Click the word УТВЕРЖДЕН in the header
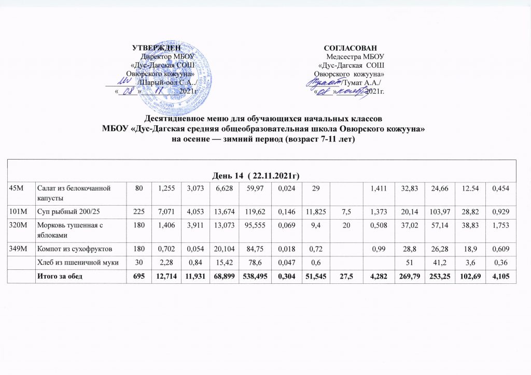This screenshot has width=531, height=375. [x=154, y=48]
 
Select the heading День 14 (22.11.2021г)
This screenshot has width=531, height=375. [x=264, y=171]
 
